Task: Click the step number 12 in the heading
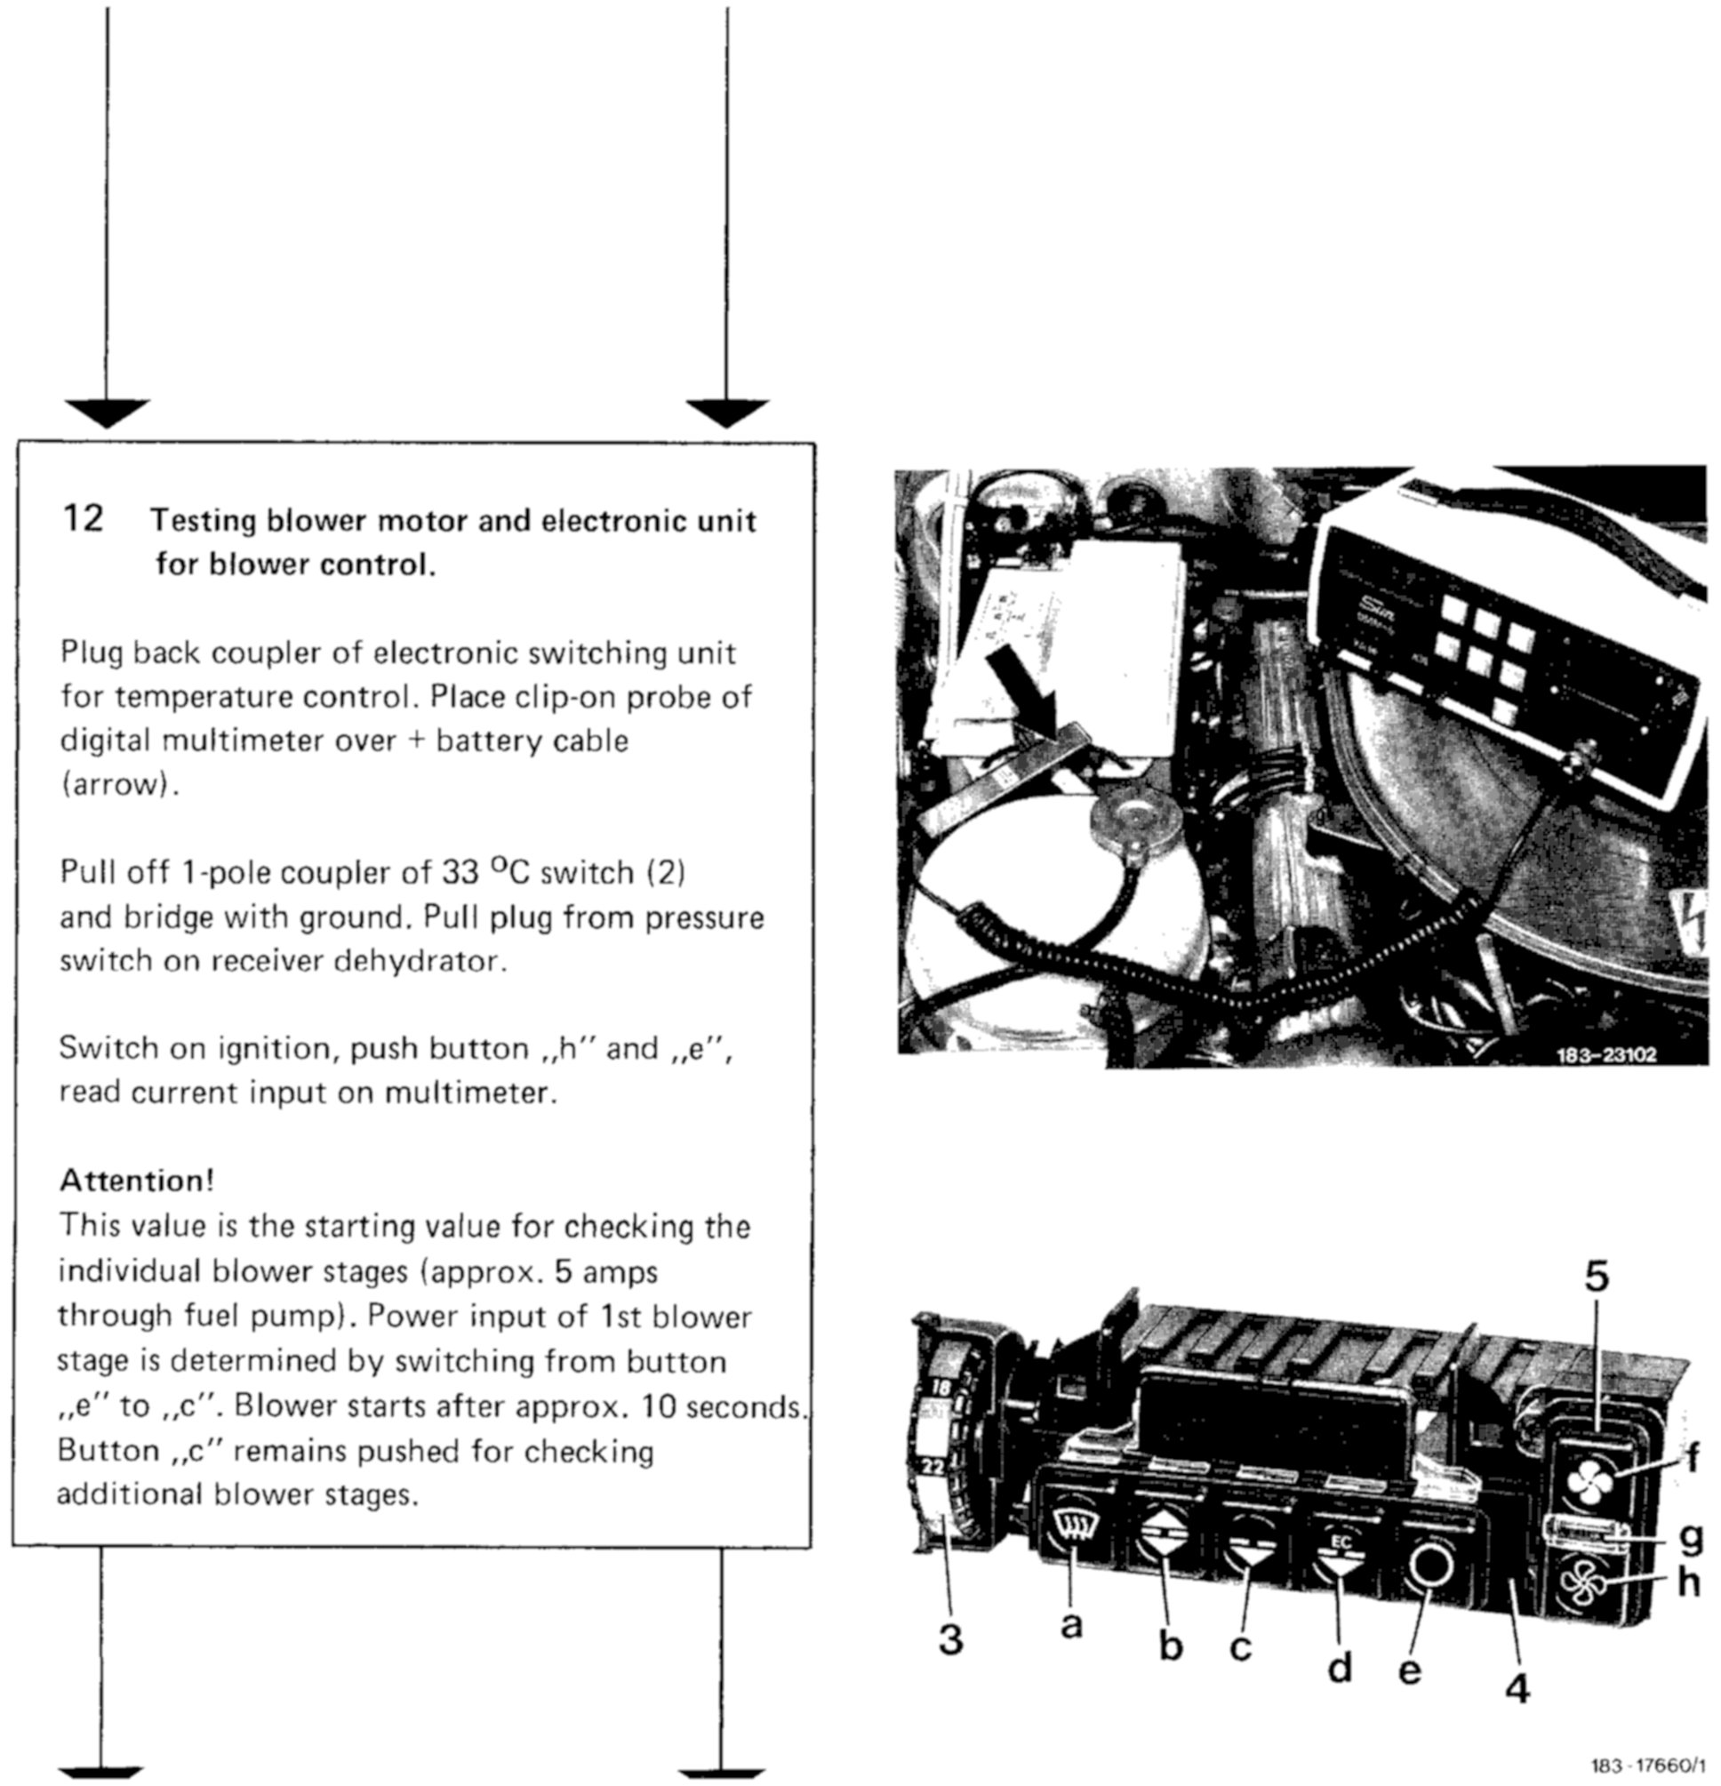(83, 519)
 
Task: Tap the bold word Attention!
(137, 1180)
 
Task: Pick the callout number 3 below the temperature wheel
(950, 1640)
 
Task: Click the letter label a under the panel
(1072, 1624)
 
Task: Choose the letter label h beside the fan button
(1688, 1583)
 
